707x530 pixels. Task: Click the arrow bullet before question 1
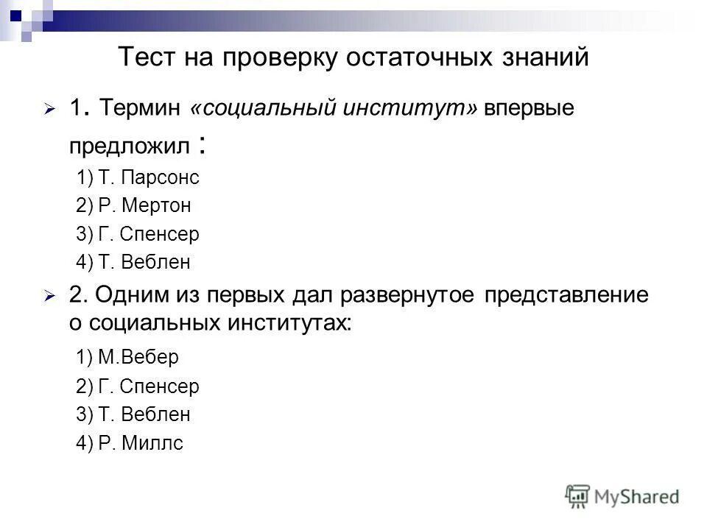pyautogui.click(x=49, y=109)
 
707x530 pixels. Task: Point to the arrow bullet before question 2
pyautogui.click(x=49, y=296)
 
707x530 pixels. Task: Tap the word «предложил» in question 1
pyautogui.click(x=129, y=145)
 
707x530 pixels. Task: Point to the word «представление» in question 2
pyautogui.click(x=567, y=295)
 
